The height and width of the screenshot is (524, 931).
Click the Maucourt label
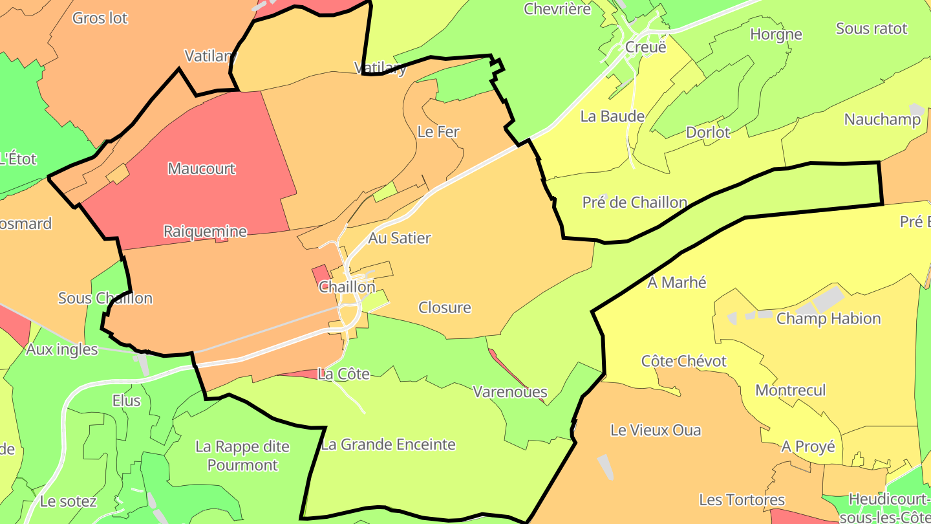202,169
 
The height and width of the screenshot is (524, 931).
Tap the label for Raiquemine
205,232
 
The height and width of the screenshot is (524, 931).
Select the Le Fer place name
438,132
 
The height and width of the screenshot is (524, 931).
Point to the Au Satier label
400,238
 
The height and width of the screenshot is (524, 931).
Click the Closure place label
445,307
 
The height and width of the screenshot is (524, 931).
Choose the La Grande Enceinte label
388,444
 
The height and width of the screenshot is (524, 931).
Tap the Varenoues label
510,392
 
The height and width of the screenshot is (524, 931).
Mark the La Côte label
344,374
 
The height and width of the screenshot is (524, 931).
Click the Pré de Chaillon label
634,202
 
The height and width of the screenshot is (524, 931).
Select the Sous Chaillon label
105,298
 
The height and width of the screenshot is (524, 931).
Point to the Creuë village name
645,47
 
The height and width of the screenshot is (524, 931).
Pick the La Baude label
612,116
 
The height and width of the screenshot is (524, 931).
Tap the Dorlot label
708,133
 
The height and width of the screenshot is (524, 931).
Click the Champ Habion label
828,318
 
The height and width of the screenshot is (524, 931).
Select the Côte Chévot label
684,361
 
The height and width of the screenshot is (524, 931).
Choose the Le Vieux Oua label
656,430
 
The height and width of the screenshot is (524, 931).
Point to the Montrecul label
791,390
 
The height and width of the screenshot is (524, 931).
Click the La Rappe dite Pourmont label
242,455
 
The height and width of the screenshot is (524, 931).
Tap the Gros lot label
100,18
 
